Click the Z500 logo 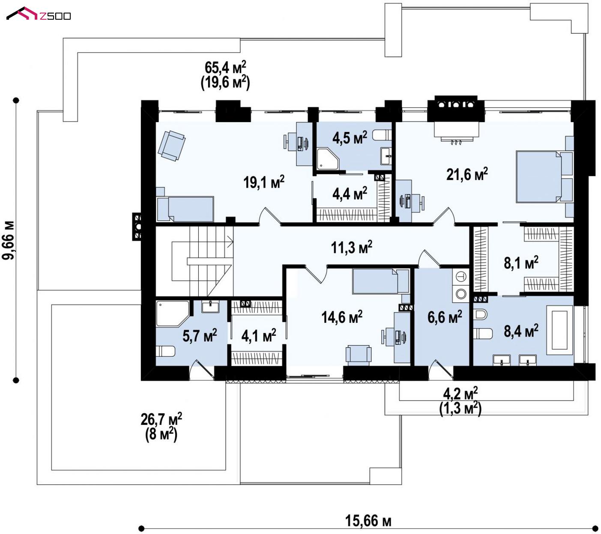[39, 14]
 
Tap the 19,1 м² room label [264, 182]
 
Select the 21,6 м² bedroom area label [467, 174]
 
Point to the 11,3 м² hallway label [352, 247]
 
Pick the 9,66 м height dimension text [8, 241]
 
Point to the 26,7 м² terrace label [161, 427]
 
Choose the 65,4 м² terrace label [225, 75]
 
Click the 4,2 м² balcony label [460, 402]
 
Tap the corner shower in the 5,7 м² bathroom [172, 314]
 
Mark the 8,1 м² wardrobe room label [521, 263]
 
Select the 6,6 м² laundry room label [445, 317]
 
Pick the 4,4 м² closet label [350, 193]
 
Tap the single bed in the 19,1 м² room [185, 209]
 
